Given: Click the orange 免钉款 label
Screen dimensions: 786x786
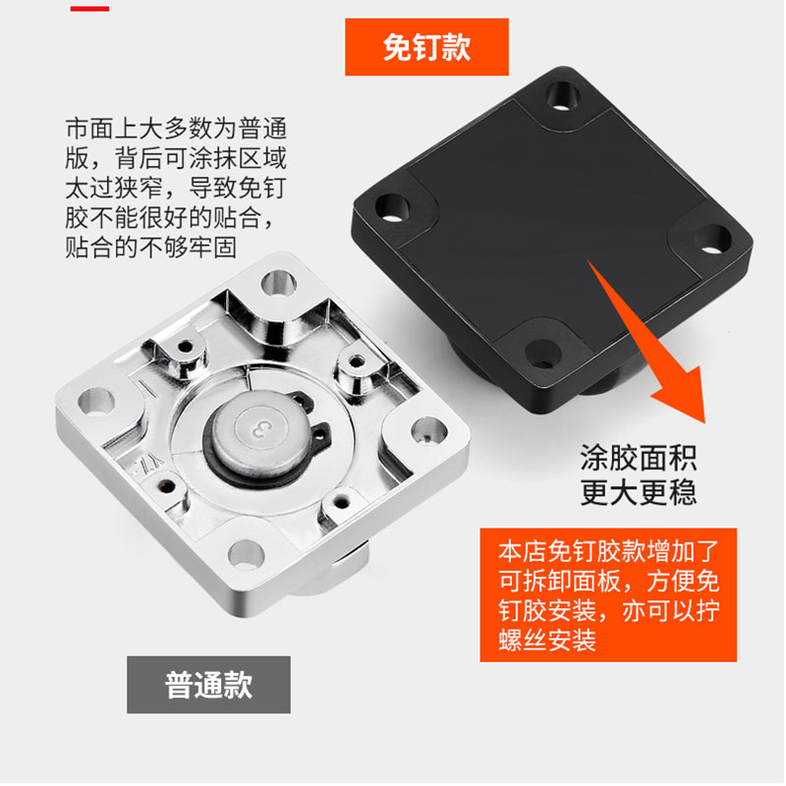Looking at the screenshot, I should tap(425, 47).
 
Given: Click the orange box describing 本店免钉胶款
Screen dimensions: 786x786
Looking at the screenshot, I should tap(609, 595).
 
